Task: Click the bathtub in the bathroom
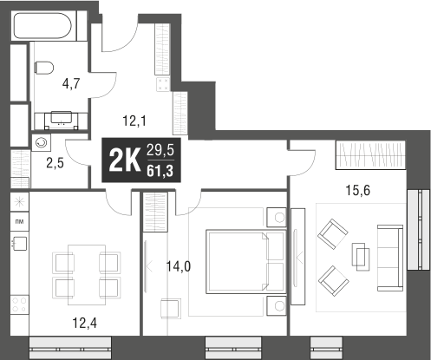(x=42, y=26)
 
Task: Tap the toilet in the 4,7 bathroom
(x=44, y=68)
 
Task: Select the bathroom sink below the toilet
(x=62, y=119)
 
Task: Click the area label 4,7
(x=71, y=84)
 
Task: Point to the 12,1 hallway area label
(x=134, y=121)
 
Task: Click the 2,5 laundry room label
(x=55, y=163)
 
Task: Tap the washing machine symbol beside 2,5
(x=41, y=142)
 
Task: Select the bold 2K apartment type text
(x=124, y=160)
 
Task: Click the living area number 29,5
(x=160, y=150)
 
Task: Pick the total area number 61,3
(x=160, y=171)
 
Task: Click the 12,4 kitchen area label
(x=84, y=323)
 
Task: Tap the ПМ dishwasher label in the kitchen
(x=20, y=222)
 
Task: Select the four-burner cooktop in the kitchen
(x=20, y=304)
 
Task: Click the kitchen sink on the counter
(x=20, y=244)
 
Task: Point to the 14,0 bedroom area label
(x=179, y=266)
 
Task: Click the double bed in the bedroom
(x=245, y=262)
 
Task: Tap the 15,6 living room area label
(x=358, y=190)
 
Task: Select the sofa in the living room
(x=390, y=258)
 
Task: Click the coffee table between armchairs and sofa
(x=361, y=257)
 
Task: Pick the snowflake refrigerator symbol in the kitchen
(x=20, y=201)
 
